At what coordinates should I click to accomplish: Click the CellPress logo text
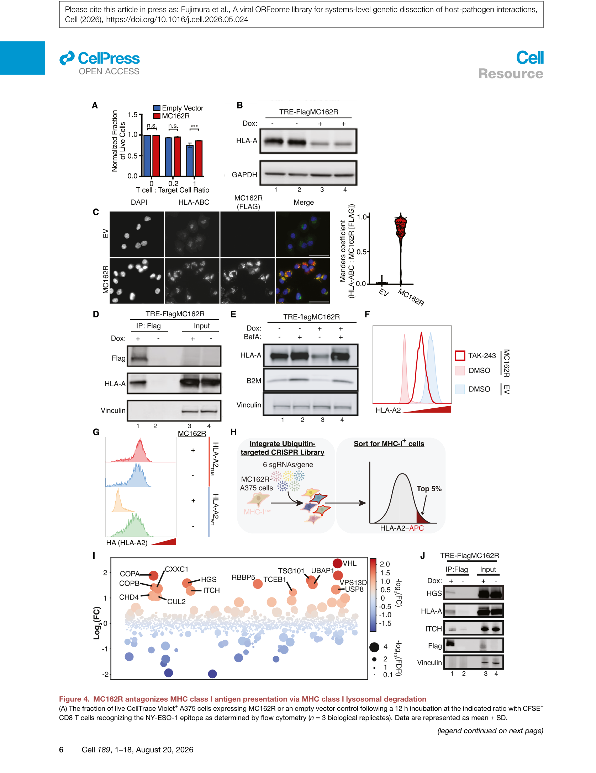point(109,58)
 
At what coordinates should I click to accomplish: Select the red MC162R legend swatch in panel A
point(157,116)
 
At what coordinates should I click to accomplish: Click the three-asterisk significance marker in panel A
point(194,127)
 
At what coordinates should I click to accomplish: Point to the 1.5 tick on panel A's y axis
point(133,114)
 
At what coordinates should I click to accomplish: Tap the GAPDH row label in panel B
point(244,175)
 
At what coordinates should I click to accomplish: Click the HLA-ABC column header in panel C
point(194,202)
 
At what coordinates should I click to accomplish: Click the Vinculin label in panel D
point(113,410)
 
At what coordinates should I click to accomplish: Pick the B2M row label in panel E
point(254,381)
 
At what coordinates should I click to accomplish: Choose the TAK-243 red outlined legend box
point(460,355)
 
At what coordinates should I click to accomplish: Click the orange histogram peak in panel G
point(118,494)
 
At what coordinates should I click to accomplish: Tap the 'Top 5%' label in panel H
point(429,489)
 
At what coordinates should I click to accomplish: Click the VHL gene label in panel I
point(349,563)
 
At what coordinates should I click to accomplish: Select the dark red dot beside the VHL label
point(337,563)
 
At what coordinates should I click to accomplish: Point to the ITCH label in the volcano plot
point(211,590)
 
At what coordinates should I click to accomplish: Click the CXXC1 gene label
point(176,569)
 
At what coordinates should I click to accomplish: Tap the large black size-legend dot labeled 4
point(374,647)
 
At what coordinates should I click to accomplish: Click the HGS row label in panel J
point(434,593)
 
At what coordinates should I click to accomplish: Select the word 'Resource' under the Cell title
point(511,74)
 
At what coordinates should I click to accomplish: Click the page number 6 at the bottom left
point(61,750)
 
